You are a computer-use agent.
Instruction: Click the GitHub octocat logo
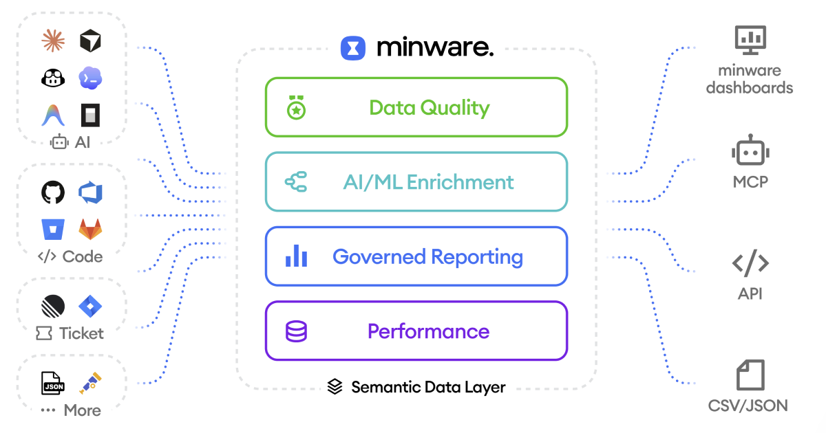point(53,192)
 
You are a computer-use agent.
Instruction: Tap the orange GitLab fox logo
point(90,229)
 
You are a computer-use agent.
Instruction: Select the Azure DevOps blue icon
point(90,192)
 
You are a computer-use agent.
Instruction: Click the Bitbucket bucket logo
point(53,229)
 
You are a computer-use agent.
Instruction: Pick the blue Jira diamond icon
point(90,305)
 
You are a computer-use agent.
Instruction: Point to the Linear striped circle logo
point(53,305)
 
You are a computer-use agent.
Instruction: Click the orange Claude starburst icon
point(53,41)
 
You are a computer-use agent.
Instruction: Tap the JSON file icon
point(53,383)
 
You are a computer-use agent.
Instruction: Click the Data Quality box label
point(429,108)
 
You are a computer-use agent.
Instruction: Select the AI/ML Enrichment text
point(428,182)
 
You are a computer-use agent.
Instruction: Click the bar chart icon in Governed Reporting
point(296,256)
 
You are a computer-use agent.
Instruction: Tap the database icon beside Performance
point(296,331)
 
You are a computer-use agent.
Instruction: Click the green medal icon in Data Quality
point(296,108)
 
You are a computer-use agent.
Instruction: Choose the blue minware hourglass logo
point(353,48)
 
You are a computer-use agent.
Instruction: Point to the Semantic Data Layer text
point(428,387)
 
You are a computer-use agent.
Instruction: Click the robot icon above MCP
point(750,151)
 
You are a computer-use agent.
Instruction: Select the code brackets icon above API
point(750,263)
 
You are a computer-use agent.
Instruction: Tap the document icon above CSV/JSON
point(750,375)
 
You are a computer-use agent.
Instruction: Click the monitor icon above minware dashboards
point(750,40)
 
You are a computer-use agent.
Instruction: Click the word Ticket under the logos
point(81,333)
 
